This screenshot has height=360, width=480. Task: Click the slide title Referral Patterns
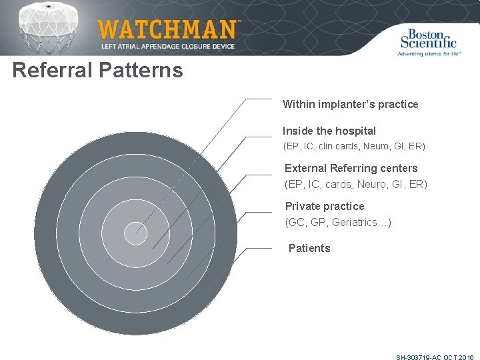[x=97, y=70]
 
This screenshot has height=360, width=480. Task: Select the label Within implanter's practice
[x=350, y=104]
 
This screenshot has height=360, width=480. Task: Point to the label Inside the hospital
[x=329, y=131]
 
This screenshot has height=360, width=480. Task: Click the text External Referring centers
[x=351, y=168]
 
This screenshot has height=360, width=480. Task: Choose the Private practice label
[x=325, y=206]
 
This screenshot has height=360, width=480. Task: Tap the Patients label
[x=309, y=248]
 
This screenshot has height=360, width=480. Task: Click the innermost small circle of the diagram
[x=135, y=233]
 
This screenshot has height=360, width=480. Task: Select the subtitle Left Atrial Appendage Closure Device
[x=168, y=46]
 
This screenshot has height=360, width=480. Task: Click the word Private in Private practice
[x=303, y=206]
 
